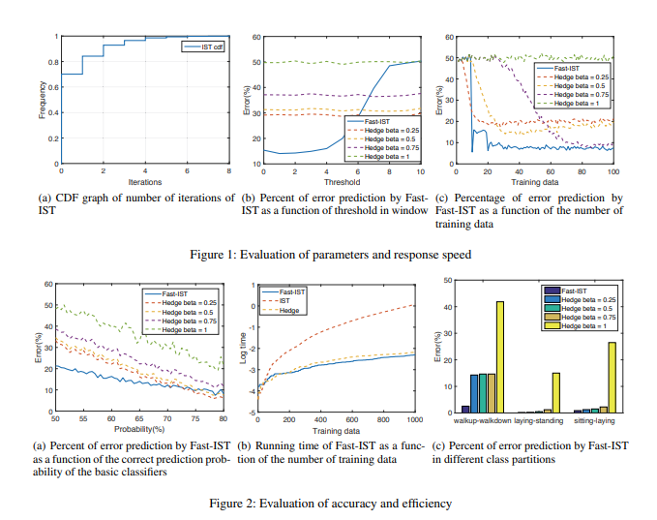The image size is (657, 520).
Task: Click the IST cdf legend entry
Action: (204, 46)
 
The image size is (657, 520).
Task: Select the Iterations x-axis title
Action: (144, 181)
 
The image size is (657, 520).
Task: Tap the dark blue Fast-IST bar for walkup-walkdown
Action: (465, 410)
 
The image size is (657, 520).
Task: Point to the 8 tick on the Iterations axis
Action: (229, 172)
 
